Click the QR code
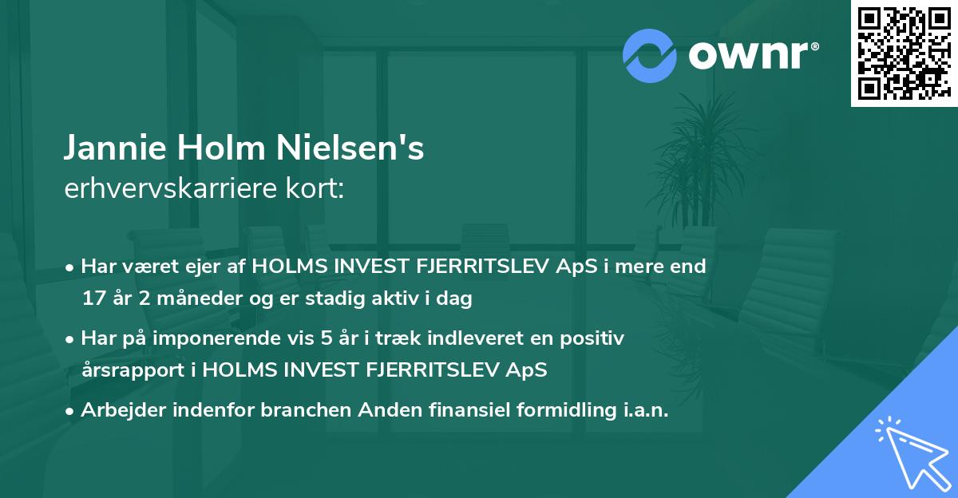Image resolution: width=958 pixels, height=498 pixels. click(x=903, y=53)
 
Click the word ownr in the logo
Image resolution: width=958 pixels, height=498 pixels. click(x=750, y=55)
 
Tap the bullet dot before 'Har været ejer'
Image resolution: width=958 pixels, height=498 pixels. click(x=71, y=268)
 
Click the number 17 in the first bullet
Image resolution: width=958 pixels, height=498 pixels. click(x=93, y=299)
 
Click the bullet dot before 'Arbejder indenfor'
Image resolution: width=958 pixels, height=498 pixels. click(x=71, y=412)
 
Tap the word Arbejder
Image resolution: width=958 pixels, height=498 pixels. click(x=121, y=410)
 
